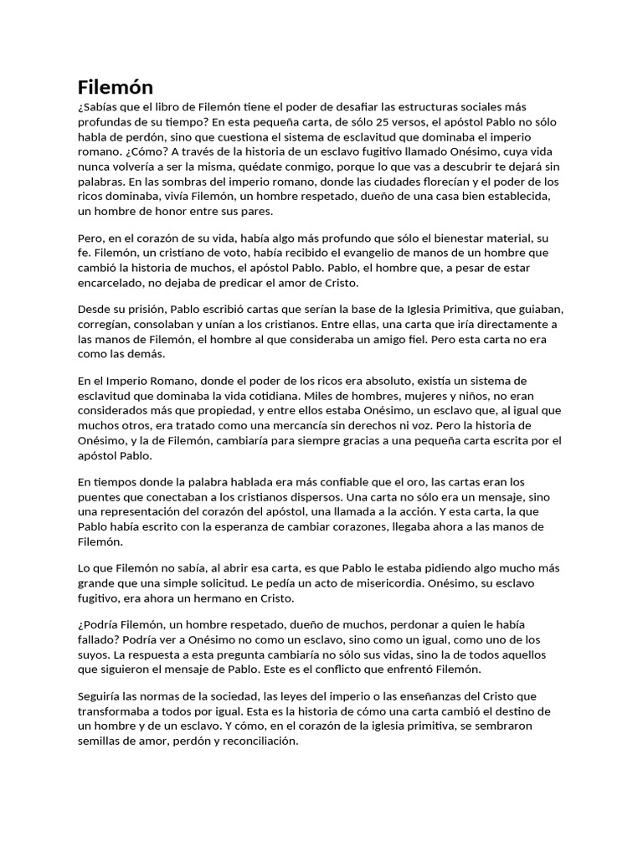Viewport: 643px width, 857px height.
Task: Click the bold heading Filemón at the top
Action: click(x=116, y=86)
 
